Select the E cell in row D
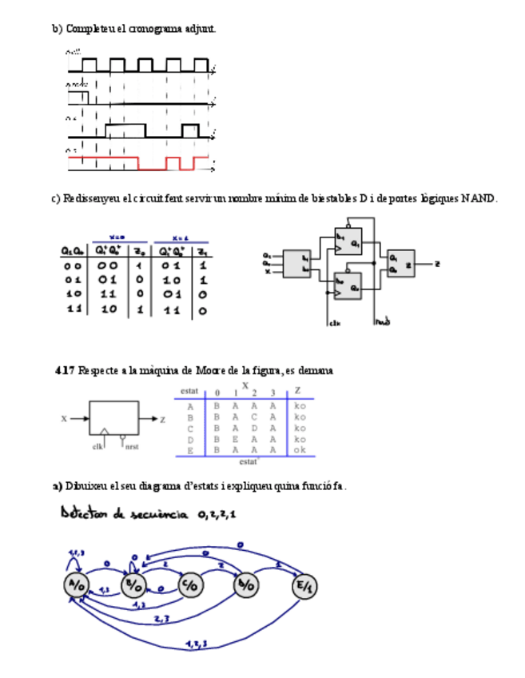click(234, 439)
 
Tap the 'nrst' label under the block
click(131, 447)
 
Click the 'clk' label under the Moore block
click(97, 447)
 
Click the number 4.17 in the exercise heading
click(66, 371)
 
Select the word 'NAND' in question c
click(479, 198)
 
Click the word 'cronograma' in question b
click(153, 29)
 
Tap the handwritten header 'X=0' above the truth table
click(117, 237)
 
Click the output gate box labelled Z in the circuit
click(400, 264)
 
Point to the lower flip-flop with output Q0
click(348, 285)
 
